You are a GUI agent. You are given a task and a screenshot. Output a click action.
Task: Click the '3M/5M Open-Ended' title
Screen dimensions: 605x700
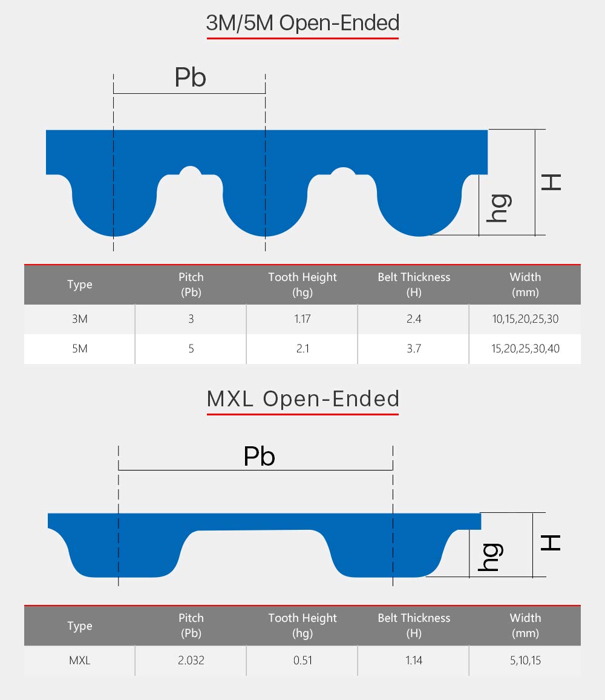302,23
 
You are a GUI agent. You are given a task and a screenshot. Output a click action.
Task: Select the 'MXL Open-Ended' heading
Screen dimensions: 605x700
302,398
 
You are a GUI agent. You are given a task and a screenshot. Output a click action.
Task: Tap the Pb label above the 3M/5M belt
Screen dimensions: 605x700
190,78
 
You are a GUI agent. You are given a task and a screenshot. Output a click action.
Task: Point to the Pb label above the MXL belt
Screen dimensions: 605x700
259,456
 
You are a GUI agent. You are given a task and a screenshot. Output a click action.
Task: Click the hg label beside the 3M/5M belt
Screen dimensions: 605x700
499,208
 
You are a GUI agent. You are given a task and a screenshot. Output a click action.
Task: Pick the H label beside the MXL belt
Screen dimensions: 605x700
551,543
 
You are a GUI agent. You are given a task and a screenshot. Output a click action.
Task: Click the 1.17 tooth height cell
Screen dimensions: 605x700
302,319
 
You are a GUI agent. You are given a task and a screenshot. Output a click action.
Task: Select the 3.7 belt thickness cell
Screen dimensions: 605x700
414,349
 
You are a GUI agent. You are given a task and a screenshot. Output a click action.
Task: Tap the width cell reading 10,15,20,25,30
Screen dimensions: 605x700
525,319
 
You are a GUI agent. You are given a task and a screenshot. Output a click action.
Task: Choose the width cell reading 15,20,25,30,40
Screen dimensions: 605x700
525,349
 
